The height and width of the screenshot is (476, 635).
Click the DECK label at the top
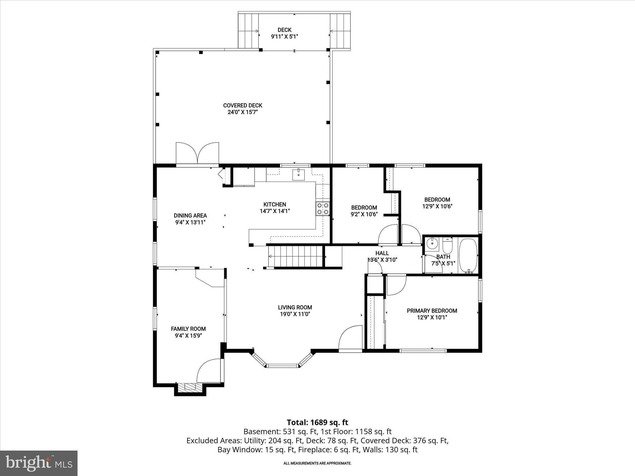click(x=284, y=30)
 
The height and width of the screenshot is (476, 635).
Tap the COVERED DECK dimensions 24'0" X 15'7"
click(x=243, y=112)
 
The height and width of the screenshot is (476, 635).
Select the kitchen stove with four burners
click(x=323, y=209)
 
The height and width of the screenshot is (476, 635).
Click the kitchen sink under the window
click(x=298, y=175)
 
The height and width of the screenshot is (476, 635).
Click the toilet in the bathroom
click(x=447, y=245)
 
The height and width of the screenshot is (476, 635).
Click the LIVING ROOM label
click(x=295, y=307)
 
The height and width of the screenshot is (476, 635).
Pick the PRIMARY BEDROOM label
click(x=432, y=311)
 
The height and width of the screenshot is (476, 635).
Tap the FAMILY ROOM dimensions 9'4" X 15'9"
click(x=188, y=336)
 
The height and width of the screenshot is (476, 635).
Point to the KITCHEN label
click(x=274, y=204)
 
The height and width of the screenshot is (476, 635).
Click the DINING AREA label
click(x=190, y=215)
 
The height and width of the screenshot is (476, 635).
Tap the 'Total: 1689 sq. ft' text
click(x=317, y=422)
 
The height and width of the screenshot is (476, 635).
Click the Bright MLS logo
click(x=39, y=463)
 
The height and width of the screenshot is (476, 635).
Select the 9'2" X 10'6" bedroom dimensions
click(x=364, y=214)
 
